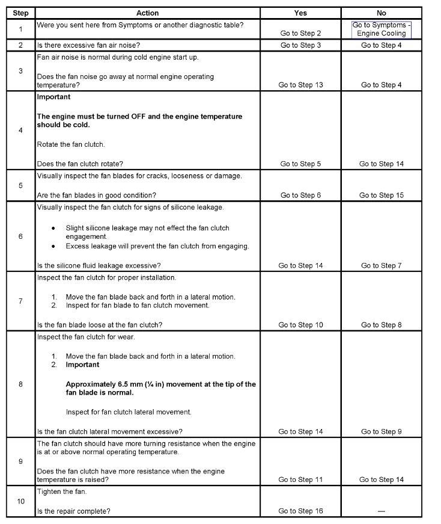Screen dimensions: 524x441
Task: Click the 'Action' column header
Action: click(x=147, y=13)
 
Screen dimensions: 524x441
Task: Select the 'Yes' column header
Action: click(x=300, y=13)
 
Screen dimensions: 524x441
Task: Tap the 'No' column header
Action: click(x=381, y=13)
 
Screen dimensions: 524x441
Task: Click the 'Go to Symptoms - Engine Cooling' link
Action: click(x=382, y=29)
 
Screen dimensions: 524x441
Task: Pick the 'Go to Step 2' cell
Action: click(x=300, y=34)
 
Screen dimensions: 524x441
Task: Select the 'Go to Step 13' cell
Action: click(x=300, y=85)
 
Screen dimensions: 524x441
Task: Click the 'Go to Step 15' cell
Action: click(x=382, y=195)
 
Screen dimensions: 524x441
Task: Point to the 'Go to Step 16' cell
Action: click(x=300, y=511)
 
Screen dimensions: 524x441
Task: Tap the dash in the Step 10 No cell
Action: click(x=381, y=511)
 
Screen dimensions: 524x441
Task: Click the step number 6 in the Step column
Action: click(x=20, y=236)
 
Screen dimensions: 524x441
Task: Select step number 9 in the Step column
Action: click(x=20, y=461)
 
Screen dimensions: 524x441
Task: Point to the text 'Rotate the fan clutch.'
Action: click(x=71, y=144)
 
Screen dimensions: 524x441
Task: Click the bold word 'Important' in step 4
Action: click(x=53, y=97)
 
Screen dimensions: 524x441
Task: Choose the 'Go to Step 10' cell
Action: click(x=300, y=325)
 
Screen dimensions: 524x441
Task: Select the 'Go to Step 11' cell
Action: click(x=300, y=479)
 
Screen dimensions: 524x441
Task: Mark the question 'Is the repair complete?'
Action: click(x=73, y=511)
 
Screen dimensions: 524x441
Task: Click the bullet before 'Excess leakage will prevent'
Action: click(x=53, y=246)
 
